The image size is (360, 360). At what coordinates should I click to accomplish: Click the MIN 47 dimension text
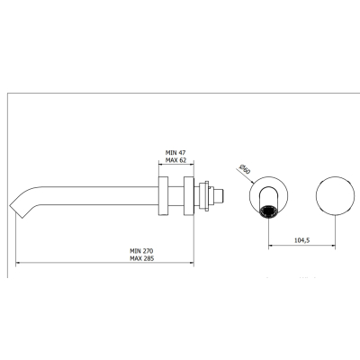[175, 153]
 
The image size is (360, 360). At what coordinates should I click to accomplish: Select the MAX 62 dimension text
[175, 160]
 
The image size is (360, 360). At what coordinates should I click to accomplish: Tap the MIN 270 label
[141, 251]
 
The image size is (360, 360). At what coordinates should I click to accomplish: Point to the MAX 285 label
[141, 258]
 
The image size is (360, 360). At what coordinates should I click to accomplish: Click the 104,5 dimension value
[301, 240]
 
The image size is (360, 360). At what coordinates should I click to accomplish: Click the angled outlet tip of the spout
[17, 211]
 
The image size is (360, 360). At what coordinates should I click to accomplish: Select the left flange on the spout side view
[164, 196]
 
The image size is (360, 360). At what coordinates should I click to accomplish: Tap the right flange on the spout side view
[189, 196]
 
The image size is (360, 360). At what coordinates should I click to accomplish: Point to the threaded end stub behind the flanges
[219, 196]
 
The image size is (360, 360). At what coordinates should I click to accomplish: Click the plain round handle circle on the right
[335, 195]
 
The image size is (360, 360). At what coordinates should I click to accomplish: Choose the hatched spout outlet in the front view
[268, 212]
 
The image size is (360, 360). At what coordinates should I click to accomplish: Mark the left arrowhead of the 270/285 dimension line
[17, 263]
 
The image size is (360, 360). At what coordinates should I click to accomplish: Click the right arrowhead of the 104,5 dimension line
[333, 246]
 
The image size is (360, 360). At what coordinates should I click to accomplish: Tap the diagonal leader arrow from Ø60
[245, 175]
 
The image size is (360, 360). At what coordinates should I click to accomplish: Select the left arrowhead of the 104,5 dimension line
[270, 246]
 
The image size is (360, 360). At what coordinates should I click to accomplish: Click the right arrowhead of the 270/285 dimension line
[192, 263]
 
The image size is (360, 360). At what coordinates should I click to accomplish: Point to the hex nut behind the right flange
[206, 196]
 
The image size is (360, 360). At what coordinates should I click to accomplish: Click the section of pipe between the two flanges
[176, 196]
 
